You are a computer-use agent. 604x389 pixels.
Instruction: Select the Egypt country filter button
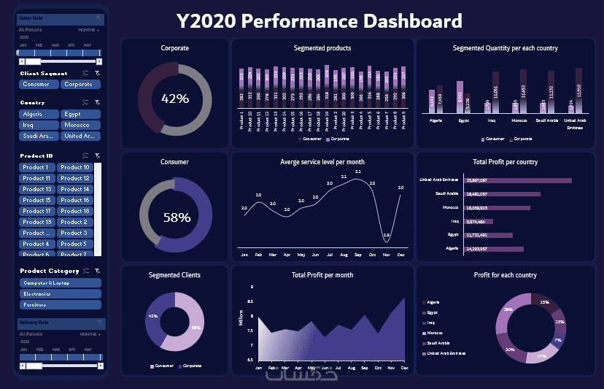point(80,114)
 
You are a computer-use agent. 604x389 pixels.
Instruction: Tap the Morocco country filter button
point(80,125)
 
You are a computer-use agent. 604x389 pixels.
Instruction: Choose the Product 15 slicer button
point(37,200)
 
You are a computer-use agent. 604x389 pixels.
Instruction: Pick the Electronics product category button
point(60,293)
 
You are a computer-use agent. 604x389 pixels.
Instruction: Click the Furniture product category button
point(60,304)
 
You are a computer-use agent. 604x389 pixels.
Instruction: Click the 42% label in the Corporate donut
point(175,99)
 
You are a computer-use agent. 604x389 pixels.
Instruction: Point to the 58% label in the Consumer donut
point(176,217)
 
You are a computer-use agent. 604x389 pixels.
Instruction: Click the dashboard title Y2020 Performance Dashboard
point(320,20)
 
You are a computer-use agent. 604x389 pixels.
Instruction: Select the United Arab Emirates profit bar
point(518,180)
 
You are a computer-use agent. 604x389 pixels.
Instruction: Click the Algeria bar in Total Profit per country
point(494,249)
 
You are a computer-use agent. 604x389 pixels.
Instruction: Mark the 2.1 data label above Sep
point(357,172)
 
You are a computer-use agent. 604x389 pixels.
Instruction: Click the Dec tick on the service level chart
point(401,255)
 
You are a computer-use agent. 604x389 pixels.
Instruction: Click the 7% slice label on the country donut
point(557,340)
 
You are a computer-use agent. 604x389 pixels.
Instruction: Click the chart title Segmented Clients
point(174,275)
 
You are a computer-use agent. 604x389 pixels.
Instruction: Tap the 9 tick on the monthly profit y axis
point(251,288)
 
